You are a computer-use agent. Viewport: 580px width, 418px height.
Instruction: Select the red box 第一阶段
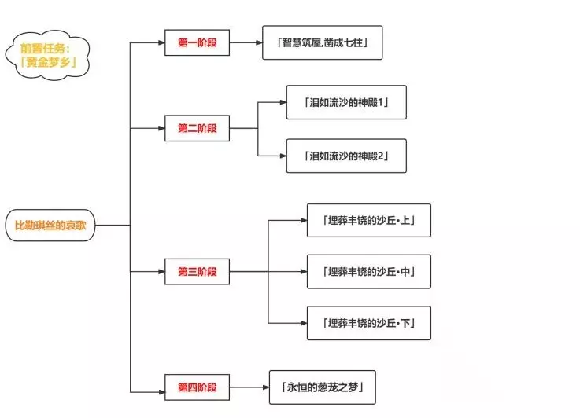pyautogui.click(x=197, y=42)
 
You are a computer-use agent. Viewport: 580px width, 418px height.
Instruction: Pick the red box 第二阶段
pyautogui.click(x=197, y=128)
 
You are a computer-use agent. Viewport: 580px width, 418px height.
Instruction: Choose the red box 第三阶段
pyautogui.click(x=197, y=272)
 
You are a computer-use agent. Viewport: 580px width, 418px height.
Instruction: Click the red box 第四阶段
pyautogui.click(x=197, y=387)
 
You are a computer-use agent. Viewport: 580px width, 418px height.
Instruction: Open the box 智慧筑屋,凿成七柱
pyautogui.click(x=322, y=42)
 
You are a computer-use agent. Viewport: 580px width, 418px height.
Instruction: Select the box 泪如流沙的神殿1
pyautogui.click(x=346, y=102)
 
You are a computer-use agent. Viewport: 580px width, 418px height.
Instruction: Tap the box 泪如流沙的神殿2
pyautogui.click(x=346, y=156)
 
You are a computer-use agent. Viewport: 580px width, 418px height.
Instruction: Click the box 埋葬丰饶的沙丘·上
pyautogui.click(x=368, y=221)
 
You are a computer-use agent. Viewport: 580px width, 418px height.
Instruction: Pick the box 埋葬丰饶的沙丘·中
pyautogui.click(x=368, y=272)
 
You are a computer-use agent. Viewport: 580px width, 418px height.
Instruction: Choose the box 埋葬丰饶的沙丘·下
pyautogui.click(x=368, y=323)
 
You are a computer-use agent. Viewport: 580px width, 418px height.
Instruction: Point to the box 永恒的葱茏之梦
pyautogui.click(x=322, y=387)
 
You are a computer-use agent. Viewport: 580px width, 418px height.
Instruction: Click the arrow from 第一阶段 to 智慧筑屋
pyautogui.click(x=246, y=42)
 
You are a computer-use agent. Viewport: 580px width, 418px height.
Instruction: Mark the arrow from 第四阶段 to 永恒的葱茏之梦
pyautogui.click(x=249, y=387)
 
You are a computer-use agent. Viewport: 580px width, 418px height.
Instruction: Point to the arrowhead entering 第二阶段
pyautogui.click(x=161, y=128)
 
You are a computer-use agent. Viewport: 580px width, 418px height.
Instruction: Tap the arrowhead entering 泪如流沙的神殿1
pyautogui.click(x=282, y=102)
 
